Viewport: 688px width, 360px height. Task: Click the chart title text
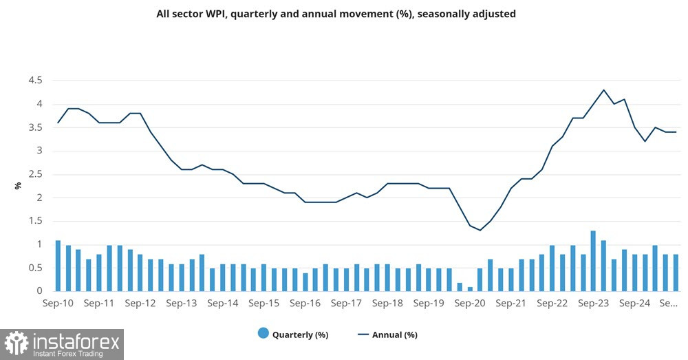pos(336,14)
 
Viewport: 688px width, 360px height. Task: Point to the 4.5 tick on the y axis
pos(36,81)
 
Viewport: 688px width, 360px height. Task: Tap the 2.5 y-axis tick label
pos(36,174)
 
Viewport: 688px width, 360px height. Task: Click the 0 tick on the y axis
pos(40,291)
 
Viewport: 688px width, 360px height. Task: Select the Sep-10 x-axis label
pos(58,303)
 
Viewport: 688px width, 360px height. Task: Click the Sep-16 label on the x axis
pos(306,303)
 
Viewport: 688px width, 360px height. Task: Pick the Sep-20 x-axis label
pos(471,303)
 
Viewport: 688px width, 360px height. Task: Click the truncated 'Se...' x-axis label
pos(669,303)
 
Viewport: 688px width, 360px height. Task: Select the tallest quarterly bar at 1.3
pos(593,261)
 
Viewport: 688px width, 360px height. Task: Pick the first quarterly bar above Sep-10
pos(58,266)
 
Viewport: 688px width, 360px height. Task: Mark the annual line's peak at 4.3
pos(603,90)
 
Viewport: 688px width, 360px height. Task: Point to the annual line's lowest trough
pos(480,230)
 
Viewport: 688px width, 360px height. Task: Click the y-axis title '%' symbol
pos(18,186)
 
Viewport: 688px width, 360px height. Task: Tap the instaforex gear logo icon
pos(17,343)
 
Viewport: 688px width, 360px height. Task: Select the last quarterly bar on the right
pos(676,273)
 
